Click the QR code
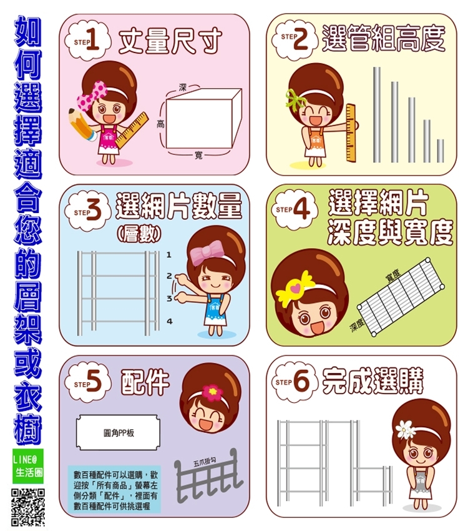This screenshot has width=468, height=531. (29, 507)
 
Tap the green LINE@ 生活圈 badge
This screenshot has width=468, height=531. (29, 465)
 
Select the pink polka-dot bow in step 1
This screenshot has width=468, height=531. (90, 96)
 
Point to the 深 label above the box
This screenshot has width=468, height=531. (183, 88)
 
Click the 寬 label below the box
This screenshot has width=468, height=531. (198, 156)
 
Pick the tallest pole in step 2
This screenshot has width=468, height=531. (377, 115)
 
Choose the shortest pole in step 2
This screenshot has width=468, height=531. (441, 151)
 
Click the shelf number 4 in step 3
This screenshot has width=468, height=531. (169, 320)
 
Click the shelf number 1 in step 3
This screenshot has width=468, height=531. (168, 255)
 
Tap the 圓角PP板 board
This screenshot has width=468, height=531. (118, 433)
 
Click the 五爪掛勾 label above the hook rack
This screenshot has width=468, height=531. (205, 462)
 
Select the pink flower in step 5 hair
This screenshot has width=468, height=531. (212, 392)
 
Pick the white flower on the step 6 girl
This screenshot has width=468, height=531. (405, 429)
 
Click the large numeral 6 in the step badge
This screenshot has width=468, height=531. (302, 381)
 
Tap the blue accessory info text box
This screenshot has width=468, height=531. (114, 490)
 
